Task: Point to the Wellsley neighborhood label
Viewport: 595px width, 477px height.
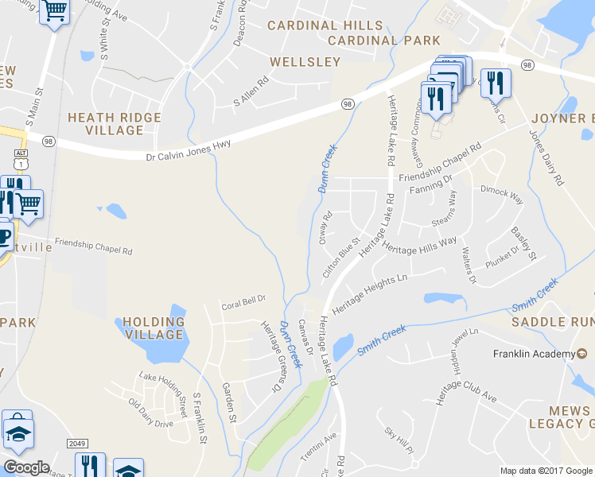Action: click(x=305, y=61)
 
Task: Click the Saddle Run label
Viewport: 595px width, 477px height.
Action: click(x=552, y=321)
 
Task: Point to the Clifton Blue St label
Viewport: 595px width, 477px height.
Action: click(x=341, y=255)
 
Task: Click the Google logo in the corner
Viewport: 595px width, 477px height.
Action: click(x=26, y=467)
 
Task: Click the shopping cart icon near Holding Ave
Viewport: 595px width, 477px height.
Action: click(x=54, y=11)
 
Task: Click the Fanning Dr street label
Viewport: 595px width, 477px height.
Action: click(x=430, y=188)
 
